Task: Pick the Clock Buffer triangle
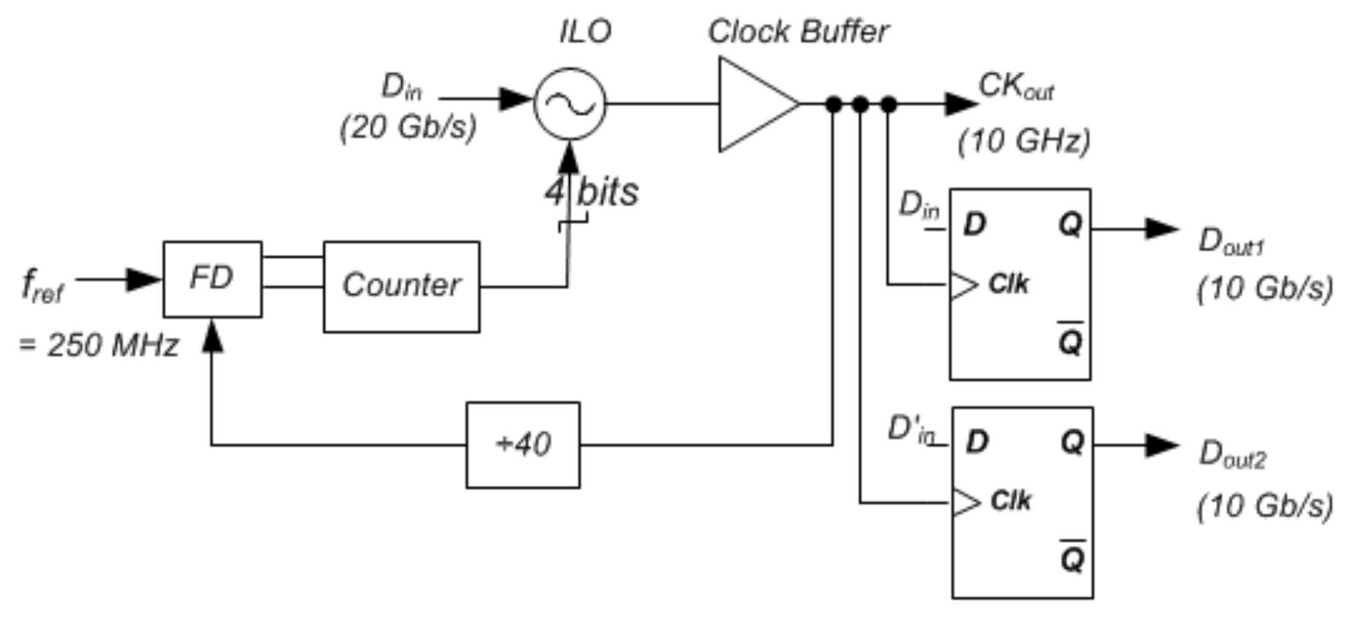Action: [x=759, y=104]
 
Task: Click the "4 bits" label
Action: [x=591, y=193]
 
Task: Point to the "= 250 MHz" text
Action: [x=99, y=346]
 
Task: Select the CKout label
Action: [x=1017, y=87]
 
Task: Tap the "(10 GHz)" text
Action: [x=1023, y=142]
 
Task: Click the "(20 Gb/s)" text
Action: [x=408, y=128]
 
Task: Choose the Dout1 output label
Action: [x=1231, y=242]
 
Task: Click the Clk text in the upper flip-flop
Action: [x=1009, y=284]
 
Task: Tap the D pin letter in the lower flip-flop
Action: [x=977, y=442]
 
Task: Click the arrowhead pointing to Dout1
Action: [x=1161, y=228]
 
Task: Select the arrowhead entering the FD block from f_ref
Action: [x=145, y=280]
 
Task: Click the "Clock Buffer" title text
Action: [x=798, y=32]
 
